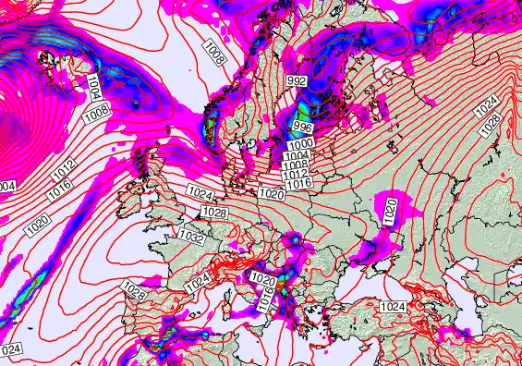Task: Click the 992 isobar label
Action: coord(297,81)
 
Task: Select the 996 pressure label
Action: coord(302,125)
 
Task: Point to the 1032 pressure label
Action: coord(190,238)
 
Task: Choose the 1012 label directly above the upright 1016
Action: coord(295,175)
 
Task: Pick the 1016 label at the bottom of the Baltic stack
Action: coord(297,184)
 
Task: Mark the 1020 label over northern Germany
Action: coord(271,194)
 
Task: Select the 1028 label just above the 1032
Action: coord(213,213)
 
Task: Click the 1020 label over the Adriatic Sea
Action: coord(262,279)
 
